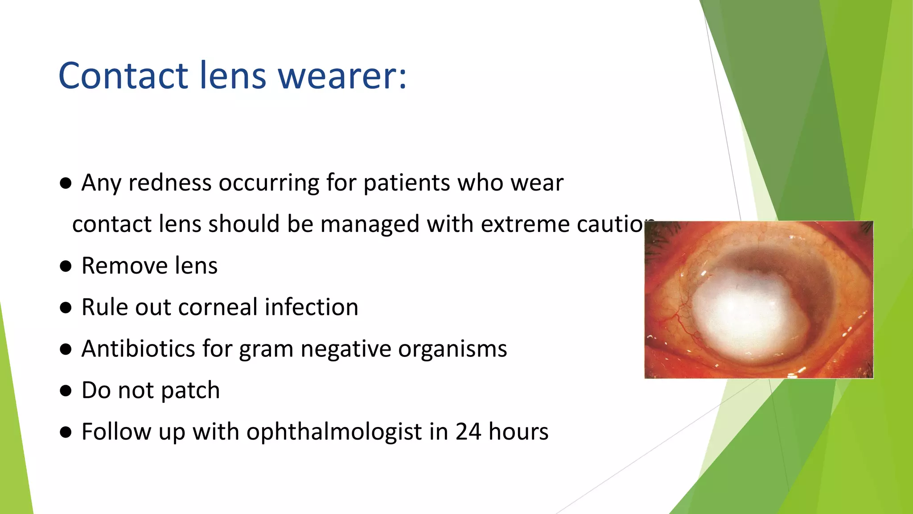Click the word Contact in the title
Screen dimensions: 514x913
click(123, 75)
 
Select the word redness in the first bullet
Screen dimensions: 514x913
click(170, 183)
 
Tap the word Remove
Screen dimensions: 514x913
click(123, 266)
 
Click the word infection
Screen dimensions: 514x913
click(312, 307)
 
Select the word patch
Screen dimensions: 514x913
click(190, 391)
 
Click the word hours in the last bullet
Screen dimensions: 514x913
click(518, 432)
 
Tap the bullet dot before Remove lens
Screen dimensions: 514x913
click(66, 266)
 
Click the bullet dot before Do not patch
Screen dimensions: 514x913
click(66, 391)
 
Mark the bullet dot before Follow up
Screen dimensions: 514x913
click(66, 432)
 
